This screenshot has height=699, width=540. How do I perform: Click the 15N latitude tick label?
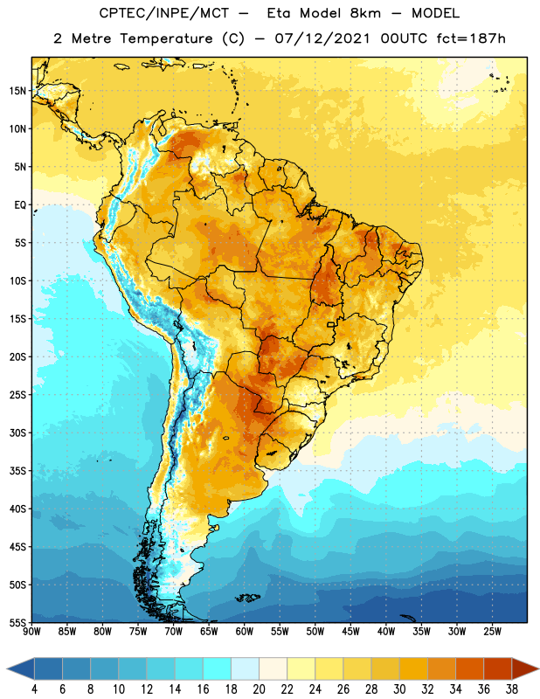point(17,91)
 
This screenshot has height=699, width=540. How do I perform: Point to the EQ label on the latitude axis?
point(20,205)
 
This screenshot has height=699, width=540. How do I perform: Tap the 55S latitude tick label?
point(17,622)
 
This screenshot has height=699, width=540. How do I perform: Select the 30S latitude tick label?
point(17,433)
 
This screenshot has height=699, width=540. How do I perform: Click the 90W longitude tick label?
point(31,632)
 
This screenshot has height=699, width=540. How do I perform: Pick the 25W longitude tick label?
point(492,632)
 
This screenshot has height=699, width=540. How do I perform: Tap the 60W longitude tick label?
point(245,632)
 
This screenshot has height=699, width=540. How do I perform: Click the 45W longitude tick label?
point(350,632)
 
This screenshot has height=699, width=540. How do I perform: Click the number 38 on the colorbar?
point(512,689)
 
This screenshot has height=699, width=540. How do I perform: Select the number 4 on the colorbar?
point(34,689)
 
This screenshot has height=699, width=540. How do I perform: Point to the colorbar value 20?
point(259,689)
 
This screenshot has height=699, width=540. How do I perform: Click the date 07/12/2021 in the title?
point(322,38)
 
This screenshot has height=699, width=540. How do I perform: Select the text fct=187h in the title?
point(471,38)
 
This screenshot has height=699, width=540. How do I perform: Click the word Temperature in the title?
point(166,38)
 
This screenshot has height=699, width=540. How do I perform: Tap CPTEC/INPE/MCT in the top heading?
point(164,13)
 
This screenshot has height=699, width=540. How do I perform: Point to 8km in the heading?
point(365,13)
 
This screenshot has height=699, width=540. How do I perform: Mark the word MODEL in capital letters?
point(435,13)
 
